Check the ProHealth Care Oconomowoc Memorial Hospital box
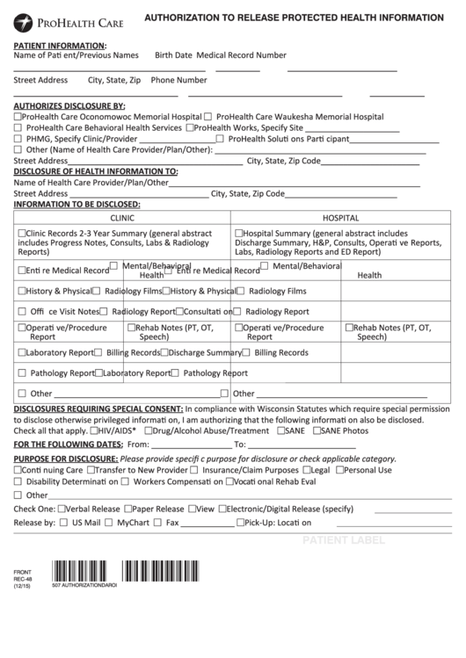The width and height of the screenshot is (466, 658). (x=18, y=116)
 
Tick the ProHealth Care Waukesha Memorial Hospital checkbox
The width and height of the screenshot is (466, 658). (x=208, y=116)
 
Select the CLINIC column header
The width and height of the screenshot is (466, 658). (x=121, y=215)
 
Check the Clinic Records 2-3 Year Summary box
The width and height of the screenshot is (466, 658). (x=21, y=234)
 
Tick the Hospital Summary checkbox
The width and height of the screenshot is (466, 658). (x=238, y=234)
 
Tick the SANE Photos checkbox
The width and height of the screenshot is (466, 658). (x=315, y=431)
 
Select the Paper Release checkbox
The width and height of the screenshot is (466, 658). (x=128, y=509)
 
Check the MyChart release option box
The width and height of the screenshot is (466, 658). (x=121, y=523)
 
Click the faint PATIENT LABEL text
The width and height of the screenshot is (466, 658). (x=344, y=539)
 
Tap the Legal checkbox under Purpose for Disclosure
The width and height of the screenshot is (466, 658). (x=307, y=470)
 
